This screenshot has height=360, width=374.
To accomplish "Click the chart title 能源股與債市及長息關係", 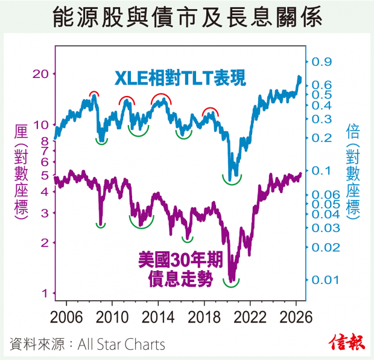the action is point(188,17).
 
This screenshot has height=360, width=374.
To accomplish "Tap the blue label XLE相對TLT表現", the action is point(180,78).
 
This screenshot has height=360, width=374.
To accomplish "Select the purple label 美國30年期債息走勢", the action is point(180,269).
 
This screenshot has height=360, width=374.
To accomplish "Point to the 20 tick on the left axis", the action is point(40,74).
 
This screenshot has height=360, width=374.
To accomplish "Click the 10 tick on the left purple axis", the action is point(41,124).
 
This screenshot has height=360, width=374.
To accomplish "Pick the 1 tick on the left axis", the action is point(45,293).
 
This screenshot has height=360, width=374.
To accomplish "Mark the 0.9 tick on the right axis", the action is point(322,62).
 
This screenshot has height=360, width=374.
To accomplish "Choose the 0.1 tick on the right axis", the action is point(322,170).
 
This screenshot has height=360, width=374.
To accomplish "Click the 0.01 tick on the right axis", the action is point(325,280).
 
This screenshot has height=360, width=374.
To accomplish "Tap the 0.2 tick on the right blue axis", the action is point(322,138).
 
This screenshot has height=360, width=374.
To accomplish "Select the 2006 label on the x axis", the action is point(66,318).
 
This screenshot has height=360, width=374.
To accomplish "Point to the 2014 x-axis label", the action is point(158,318).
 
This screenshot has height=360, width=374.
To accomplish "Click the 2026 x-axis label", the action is point(296,318).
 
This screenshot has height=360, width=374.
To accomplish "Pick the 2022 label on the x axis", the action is point(250,318).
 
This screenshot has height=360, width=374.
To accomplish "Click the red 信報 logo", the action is point(347,343).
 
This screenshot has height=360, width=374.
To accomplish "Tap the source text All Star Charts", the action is point(121,344).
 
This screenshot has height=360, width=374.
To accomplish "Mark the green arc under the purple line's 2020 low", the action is point(231,286).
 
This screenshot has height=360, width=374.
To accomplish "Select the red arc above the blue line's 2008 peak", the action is point(94,92).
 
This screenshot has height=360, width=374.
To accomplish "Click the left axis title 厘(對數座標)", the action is point(21,172).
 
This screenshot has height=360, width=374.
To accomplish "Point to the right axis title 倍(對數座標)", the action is point(352,172).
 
